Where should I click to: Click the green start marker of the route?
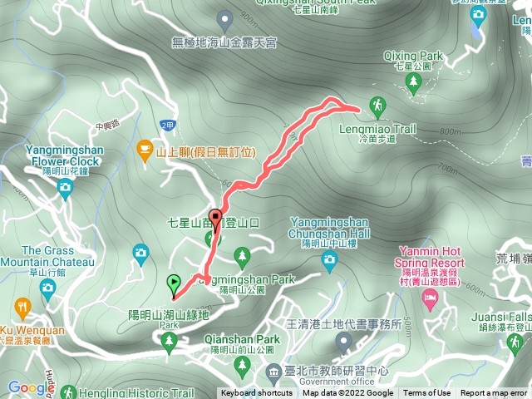point(174,283)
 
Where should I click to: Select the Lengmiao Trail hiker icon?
point(378,106)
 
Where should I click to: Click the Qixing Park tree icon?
point(414,81)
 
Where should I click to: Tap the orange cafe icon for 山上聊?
point(145,151)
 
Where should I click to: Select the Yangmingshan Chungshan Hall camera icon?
point(328,261)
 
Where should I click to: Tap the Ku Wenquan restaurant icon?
point(18,306)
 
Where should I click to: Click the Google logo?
point(29,387)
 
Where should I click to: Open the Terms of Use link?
point(427,393)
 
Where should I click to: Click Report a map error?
point(495,393)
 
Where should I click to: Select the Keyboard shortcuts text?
point(256,393)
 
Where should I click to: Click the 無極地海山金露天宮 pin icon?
point(224,17)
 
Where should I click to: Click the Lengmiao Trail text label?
point(377,130)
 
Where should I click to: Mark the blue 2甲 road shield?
point(167,125)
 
